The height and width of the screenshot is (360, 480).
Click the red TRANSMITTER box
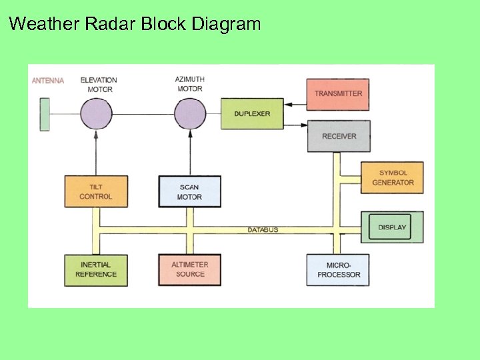337,94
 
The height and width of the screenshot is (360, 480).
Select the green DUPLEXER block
252,114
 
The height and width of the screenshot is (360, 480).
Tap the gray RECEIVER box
339,136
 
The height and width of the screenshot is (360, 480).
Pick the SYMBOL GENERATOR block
393,178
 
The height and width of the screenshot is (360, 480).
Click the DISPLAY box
392,227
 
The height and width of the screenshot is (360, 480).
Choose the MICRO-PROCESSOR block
338,270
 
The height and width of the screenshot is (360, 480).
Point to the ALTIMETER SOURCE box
189,270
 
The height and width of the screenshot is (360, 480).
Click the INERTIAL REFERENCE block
96,270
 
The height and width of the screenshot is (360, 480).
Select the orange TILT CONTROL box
96,191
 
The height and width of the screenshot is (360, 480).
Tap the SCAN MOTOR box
189,191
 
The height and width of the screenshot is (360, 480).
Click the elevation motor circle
96,113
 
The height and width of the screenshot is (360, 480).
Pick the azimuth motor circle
190,113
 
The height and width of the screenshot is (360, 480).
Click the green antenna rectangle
45,114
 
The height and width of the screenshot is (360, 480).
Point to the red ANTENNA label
48,81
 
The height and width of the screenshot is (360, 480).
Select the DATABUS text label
263,230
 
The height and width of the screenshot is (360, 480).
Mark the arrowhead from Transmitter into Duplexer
287,104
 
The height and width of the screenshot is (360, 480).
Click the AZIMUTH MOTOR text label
190,84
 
